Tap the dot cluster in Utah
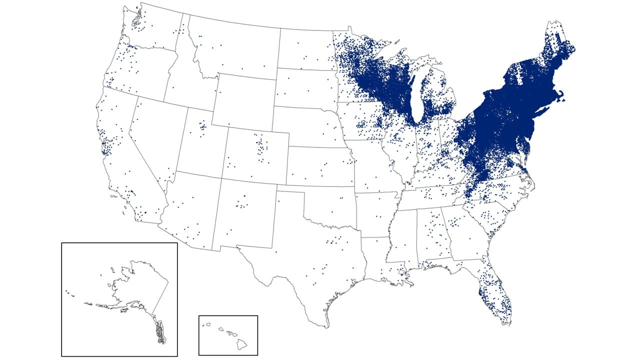click(202, 127)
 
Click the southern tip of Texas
click(327, 325)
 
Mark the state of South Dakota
click(305, 87)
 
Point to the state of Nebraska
click(307, 125)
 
